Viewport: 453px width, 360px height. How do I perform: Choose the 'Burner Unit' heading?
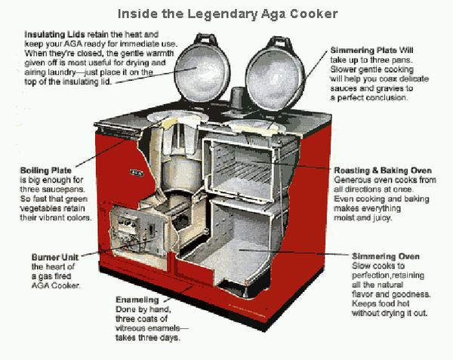(x=56, y=257)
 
